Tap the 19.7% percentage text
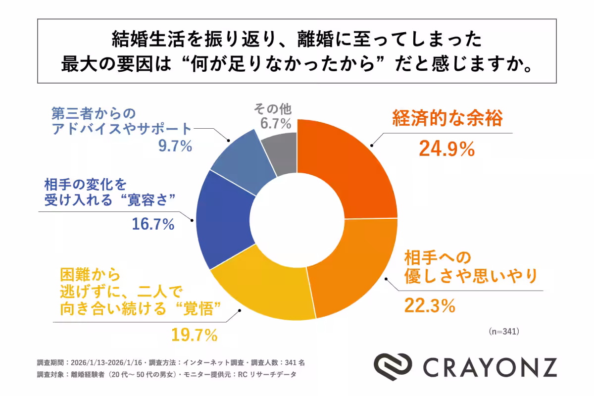coord(195,335)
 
